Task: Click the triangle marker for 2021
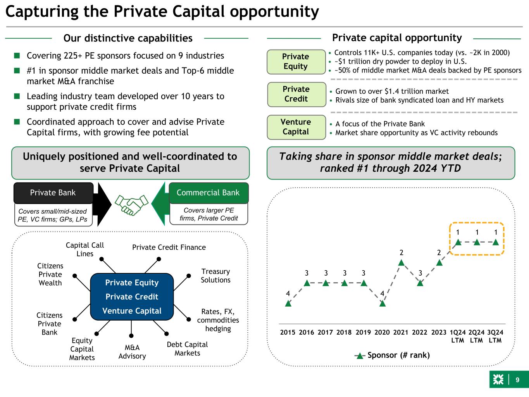click(x=401, y=263)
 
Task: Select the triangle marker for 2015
click(x=288, y=304)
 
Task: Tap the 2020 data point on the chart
click(x=383, y=304)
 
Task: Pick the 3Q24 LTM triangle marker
click(x=495, y=242)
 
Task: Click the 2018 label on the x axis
click(x=344, y=332)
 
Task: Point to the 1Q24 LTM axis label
click(x=458, y=336)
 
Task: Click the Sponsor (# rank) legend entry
click(x=392, y=355)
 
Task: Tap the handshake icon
click(x=132, y=204)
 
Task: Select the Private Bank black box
click(x=53, y=193)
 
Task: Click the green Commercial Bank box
click(x=208, y=193)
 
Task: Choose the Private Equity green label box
click(x=296, y=62)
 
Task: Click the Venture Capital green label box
click(x=296, y=127)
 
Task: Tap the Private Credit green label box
click(x=296, y=94)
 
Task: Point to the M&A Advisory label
click(x=132, y=352)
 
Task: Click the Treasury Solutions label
click(x=215, y=276)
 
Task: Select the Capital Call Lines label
click(x=85, y=249)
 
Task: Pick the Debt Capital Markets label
click(x=187, y=349)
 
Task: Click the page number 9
click(x=517, y=380)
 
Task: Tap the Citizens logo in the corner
click(x=498, y=380)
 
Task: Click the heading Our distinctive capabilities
click(x=128, y=38)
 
